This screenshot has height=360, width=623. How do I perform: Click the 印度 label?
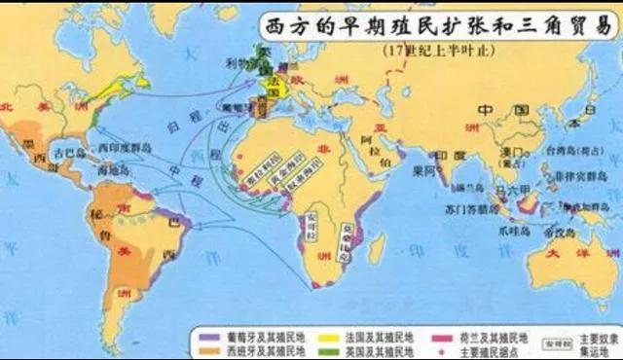446,155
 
